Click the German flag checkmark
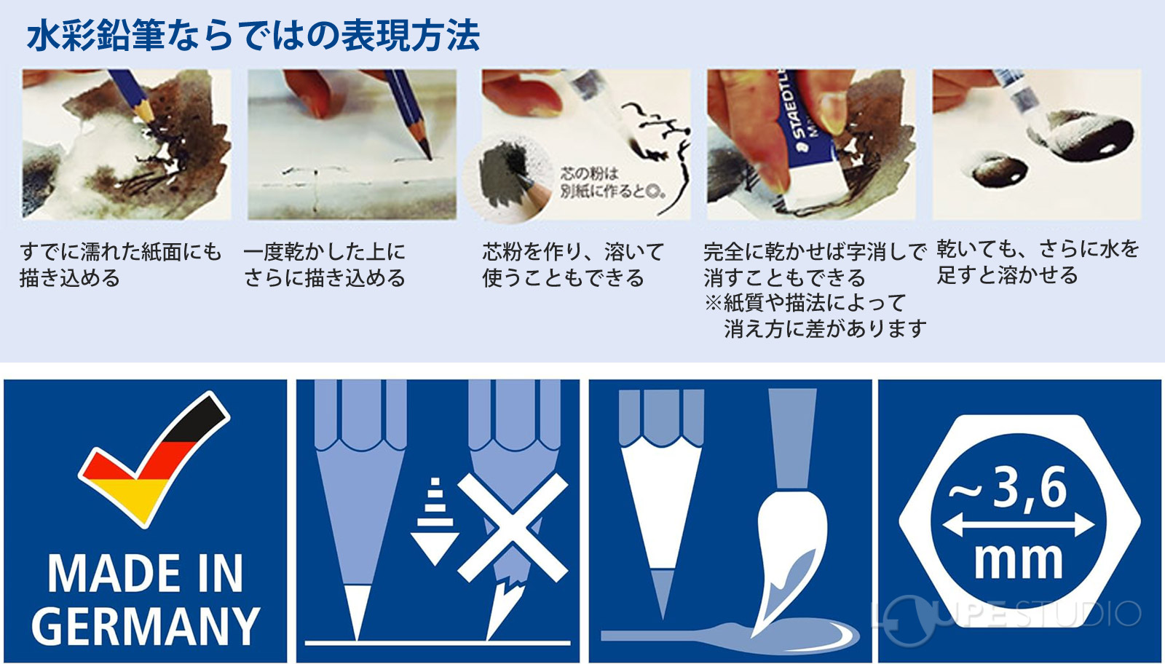(153, 459)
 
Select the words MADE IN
(146, 574)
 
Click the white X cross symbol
(513, 528)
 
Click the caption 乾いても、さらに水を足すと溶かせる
(1038, 262)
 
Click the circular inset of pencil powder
(505, 180)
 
